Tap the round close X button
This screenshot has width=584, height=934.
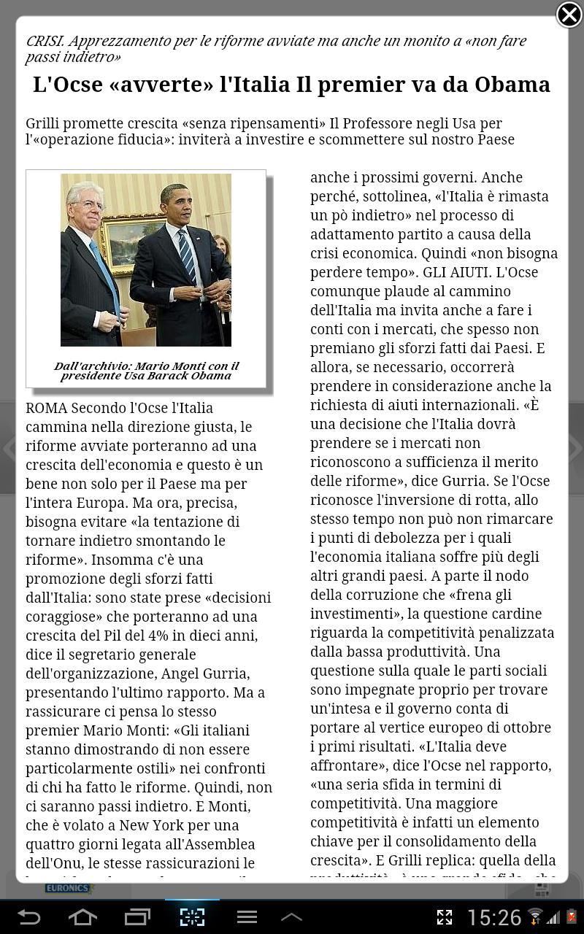pos(569,15)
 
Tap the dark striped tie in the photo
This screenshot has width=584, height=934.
pos(188,255)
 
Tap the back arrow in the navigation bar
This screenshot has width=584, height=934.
pos(29,916)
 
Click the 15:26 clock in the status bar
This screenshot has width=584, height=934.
pos(494,917)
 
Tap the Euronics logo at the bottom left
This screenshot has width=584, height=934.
pos(69,888)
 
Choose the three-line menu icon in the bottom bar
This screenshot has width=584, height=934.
pos(247,916)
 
